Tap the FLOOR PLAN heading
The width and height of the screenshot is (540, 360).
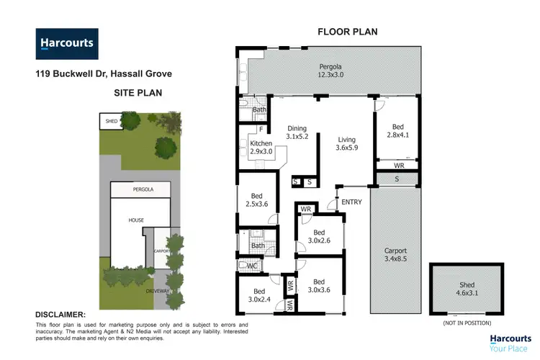348,31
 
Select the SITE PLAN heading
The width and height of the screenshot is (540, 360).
138,93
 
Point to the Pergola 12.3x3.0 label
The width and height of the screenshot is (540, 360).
332,70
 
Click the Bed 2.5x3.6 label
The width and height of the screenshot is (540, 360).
256,200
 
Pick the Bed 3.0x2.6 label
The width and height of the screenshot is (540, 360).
318,236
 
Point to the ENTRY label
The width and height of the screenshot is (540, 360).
352,202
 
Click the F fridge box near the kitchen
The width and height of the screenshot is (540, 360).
250,130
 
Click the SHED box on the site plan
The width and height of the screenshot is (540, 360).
111,122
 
